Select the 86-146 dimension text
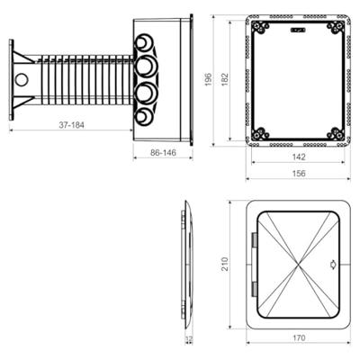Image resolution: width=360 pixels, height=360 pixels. click(x=162, y=155)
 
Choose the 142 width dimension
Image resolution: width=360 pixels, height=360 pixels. click(x=298, y=156)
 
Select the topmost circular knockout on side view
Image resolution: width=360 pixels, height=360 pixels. click(x=145, y=42)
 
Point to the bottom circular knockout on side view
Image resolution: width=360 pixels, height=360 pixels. click(x=145, y=117)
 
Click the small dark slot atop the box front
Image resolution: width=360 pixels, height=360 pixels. click(x=298, y=28)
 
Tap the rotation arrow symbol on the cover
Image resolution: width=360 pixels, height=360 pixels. click(x=334, y=264)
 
